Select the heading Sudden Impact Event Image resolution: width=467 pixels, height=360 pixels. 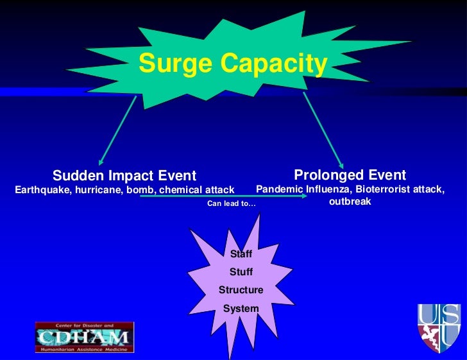tap(124, 176)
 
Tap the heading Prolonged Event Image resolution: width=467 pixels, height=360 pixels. tap(350, 175)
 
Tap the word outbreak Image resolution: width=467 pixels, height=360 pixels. tap(350, 201)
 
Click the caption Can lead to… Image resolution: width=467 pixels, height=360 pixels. tap(231, 203)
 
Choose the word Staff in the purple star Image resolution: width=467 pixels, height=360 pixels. tap(241, 254)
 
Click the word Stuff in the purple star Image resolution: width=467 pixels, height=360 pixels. tap(241, 272)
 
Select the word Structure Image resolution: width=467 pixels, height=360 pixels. tap(241, 290)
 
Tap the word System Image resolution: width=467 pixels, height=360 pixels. tap(241, 309)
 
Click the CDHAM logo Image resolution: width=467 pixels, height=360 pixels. tap(85, 336)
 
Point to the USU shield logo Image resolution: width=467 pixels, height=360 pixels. tap(439, 327)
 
